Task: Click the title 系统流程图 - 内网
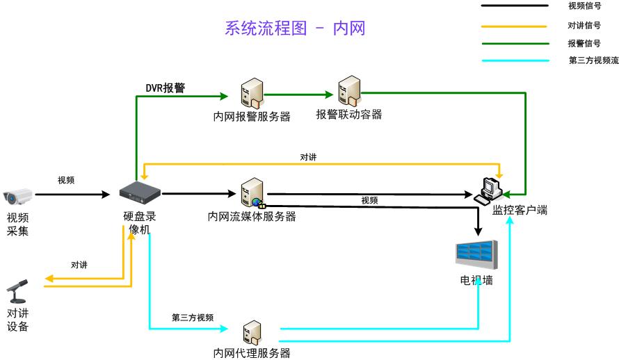(x=295, y=28)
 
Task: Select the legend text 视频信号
(x=584, y=6)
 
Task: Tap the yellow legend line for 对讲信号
(x=514, y=26)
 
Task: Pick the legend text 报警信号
(x=584, y=43)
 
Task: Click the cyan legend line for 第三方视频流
(x=514, y=60)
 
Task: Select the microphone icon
(x=17, y=291)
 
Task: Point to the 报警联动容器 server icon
(x=348, y=92)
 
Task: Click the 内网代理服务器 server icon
(x=251, y=332)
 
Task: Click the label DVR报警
(x=165, y=88)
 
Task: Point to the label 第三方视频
(x=192, y=318)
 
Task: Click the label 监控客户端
(x=520, y=210)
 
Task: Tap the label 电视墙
(x=476, y=281)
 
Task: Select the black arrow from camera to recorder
(x=72, y=194)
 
